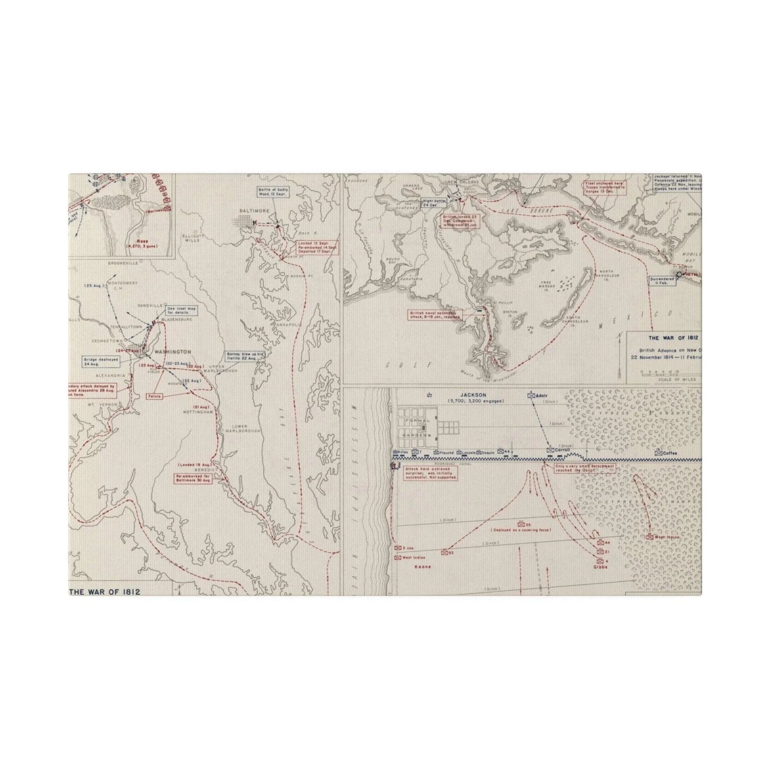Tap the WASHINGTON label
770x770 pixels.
click(x=172, y=352)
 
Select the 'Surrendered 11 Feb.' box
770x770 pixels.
click(x=660, y=281)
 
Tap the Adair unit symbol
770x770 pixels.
click(x=531, y=395)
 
